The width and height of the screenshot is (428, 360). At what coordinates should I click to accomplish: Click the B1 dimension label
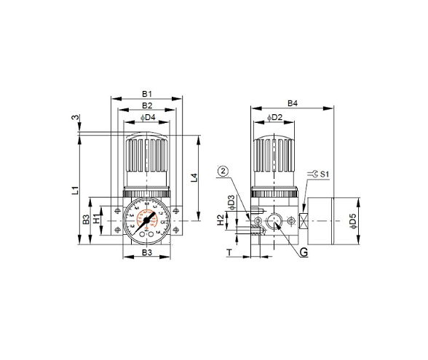(x=146, y=94)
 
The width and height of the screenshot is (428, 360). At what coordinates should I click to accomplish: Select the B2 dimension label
(x=146, y=105)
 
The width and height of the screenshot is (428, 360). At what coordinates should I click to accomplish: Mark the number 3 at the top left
(x=75, y=118)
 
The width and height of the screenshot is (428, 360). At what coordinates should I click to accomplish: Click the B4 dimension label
(x=292, y=104)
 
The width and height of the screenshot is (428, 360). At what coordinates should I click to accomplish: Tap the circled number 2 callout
(x=224, y=172)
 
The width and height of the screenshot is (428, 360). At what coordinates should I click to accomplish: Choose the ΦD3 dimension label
(x=231, y=201)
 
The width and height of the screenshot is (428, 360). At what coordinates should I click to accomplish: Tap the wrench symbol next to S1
(x=313, y=174)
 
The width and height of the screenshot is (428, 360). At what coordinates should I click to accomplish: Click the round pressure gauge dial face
(x=147, y=218)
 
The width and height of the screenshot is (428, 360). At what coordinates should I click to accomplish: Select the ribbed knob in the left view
(x=147, y=159)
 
